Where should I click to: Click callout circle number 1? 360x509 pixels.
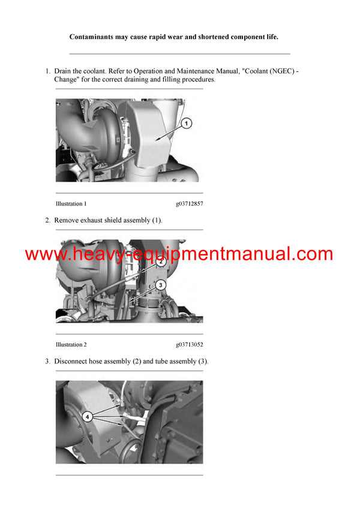click(x=186, y=124)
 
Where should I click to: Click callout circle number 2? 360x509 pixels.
click(x=161, y=262)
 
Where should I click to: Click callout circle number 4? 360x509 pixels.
click(x=88, y=416)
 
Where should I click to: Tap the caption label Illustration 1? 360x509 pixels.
click(x=71, y=204)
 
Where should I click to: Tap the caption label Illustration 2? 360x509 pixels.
click(x=71, y=345)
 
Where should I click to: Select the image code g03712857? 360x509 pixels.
click(x=189, y=204)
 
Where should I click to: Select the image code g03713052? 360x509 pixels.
click(x=189, y=345)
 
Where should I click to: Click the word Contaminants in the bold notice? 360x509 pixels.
click(x=92, y=37)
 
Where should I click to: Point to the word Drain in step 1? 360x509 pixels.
click(x=64, y=71)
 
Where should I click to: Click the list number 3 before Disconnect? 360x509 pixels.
click(x=47, y=362)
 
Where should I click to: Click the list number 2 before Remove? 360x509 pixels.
click(x=47, y=221)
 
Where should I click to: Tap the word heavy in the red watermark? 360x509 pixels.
click(x=94, y=254)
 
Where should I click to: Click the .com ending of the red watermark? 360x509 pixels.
click(x=311, y=254)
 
